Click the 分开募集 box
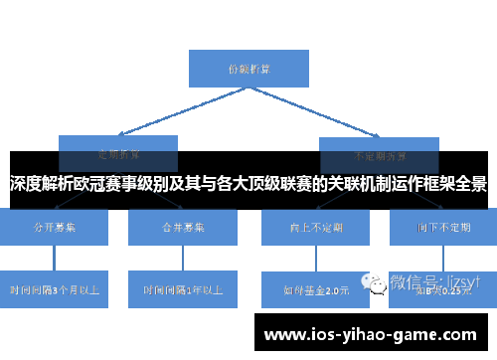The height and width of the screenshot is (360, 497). click(55, 228)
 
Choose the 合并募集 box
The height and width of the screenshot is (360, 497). click(183, 228)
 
